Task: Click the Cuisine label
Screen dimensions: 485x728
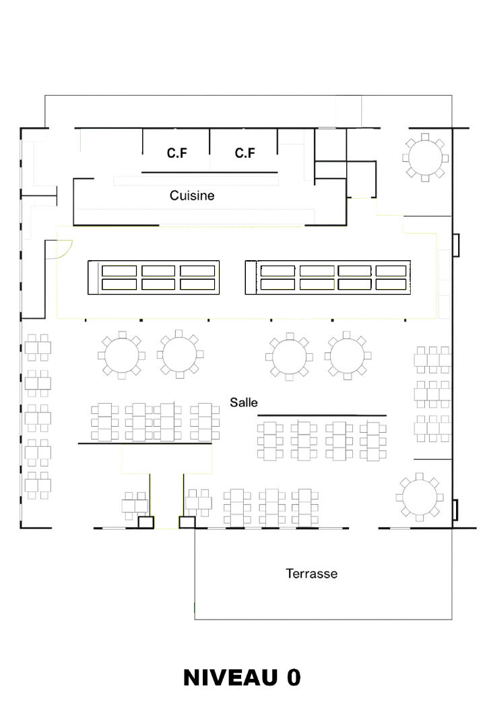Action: [192, 195]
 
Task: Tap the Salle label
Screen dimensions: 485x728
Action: [244, 402]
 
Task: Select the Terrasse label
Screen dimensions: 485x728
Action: [311, 574]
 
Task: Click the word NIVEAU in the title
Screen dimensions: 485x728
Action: [230, 677]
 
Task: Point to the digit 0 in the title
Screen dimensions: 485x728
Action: [294, 677]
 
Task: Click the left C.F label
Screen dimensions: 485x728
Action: [177, 153]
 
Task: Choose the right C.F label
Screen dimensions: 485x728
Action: [245, 153]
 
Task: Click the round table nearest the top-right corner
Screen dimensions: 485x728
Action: [425, 158]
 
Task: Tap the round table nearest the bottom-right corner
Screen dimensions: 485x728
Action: [420, 497]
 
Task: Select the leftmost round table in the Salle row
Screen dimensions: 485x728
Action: [122, 355]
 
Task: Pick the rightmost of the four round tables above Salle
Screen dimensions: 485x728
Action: [348, 356]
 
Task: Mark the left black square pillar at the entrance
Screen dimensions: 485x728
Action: [145, 522]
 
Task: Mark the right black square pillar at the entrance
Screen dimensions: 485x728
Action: [187, 522]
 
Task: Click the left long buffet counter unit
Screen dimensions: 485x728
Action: [154, 278]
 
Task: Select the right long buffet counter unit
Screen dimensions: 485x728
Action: [328, 278]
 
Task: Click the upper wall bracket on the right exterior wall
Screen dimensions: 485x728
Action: [456, 245]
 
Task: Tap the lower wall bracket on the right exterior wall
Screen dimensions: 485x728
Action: [456, 510]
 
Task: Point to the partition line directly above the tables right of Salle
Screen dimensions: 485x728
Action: [321, 415]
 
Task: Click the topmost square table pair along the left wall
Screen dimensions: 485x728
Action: [38, 347]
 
